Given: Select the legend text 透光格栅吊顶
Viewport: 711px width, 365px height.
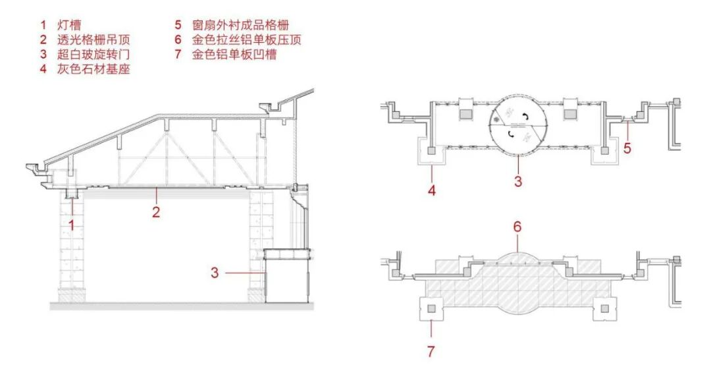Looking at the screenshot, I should pyautogui.click(x=93, y=40).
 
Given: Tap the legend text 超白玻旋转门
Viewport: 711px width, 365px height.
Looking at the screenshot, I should pyautogui.click(x=93, y=55).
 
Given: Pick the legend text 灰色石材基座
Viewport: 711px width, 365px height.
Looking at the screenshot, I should pyautogui.click(x=93, y=69).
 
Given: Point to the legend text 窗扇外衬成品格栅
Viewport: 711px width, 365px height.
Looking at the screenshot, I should pyautogui.click(x=240, y=26).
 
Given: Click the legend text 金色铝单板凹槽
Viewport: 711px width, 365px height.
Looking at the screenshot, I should pyautogui.click(x=234, y=55).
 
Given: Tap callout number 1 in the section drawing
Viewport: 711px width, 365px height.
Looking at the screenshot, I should pyautogui.click(x=72, y=224).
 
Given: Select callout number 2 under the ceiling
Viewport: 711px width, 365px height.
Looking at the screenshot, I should pyautogui.click(x=156, y=212).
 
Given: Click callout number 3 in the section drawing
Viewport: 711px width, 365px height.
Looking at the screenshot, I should pyautogui.click(x=215, y=272).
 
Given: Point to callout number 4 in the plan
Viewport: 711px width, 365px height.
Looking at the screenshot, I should pyautogui.click(x=431, y=192).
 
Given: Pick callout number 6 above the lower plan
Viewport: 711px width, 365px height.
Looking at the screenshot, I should pyautogui.click(x=517, y=226).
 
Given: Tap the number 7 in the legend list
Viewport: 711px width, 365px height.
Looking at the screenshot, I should pyautogui.click(x=178, y=55).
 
